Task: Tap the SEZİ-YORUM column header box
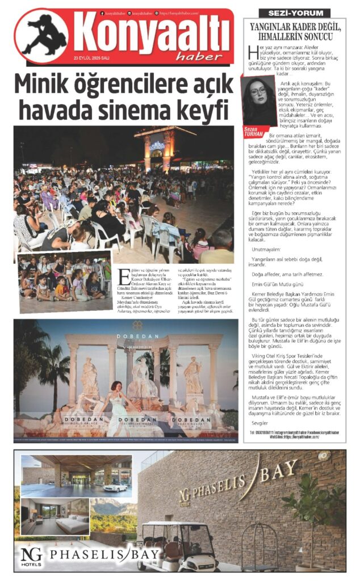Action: click(x=294, y=12)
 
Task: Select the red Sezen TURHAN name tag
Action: click(x=253, y=131)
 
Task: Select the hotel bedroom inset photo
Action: click(x=56, y=516)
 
